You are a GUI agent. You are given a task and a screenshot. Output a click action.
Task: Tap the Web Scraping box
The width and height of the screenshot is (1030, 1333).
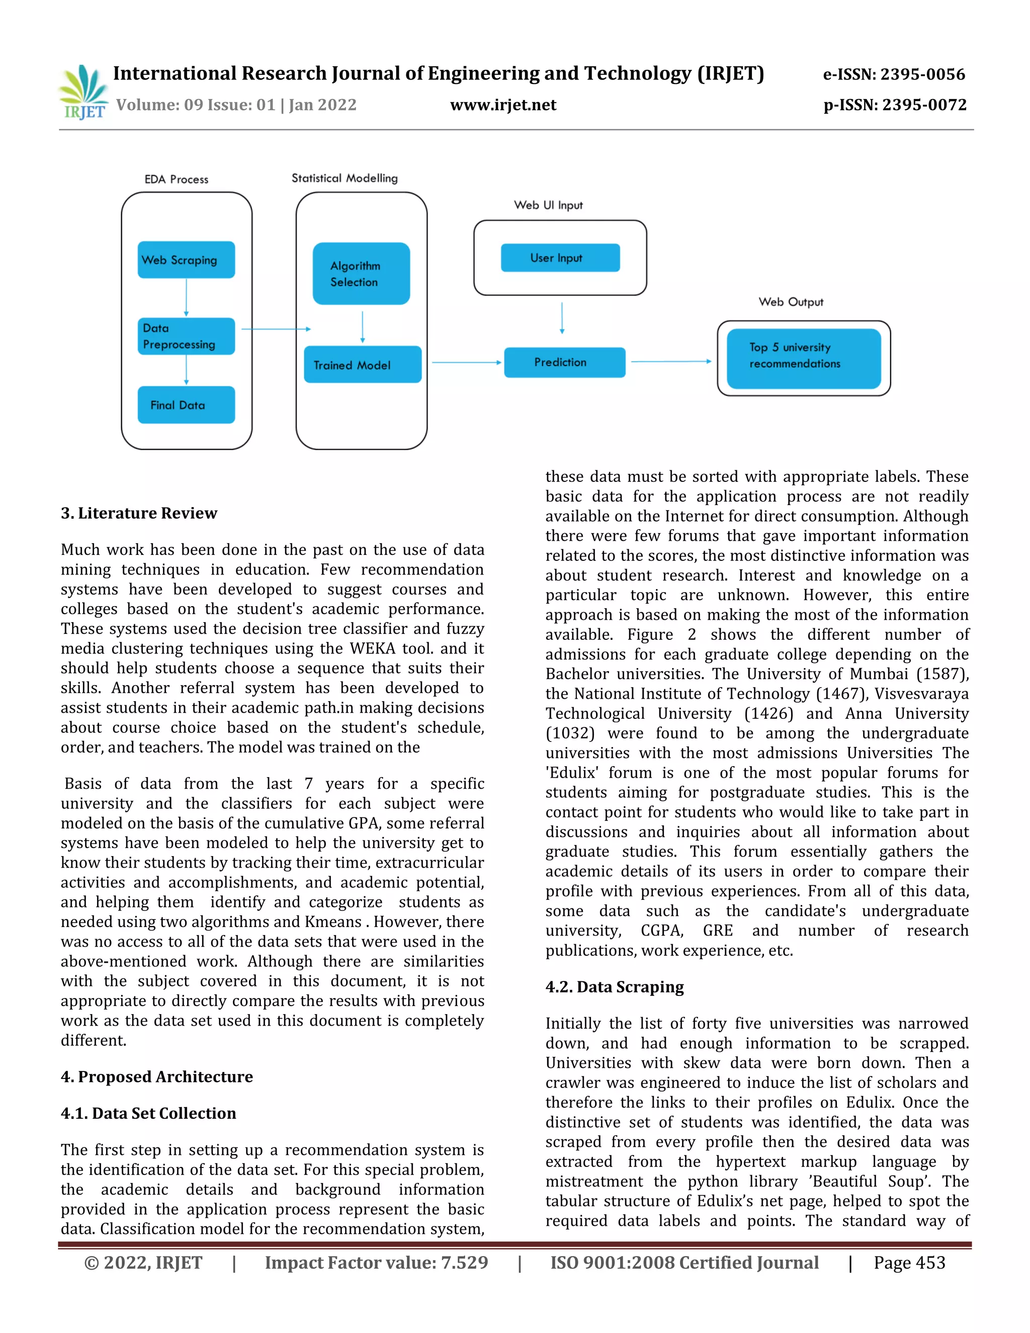tap(186, 260)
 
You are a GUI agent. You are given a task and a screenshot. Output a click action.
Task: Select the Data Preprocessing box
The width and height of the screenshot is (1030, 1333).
tap(186, 337)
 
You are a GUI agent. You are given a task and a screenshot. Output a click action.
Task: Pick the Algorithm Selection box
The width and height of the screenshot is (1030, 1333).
tap(361, 274)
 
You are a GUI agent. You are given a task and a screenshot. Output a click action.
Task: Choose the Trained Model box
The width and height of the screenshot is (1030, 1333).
tap(363, 365)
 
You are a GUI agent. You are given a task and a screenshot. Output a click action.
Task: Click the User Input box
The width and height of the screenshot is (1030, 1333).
tap(560, 258)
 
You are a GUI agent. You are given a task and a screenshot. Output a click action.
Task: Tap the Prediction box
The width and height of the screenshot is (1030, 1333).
tap(564, 363)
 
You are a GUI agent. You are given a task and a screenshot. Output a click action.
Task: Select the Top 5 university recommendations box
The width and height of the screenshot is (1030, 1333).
tap(804, 359)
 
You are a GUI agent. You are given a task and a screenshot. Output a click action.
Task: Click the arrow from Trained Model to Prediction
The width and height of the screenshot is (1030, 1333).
tap(466, 363)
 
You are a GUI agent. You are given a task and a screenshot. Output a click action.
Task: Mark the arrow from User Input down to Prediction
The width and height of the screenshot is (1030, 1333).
tap(562, 317)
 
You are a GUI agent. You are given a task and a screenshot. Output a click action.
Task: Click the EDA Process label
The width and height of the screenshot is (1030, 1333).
tap(177, 180)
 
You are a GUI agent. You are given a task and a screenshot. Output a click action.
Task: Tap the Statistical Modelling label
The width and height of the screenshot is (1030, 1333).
tap(345, 178)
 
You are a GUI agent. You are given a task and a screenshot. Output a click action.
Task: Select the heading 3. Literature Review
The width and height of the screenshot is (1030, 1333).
tap(139, 513)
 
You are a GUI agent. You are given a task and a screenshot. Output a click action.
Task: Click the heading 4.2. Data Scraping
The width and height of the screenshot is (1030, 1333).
tap(615, 987)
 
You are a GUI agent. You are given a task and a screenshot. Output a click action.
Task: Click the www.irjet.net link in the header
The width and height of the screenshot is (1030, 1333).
tap(503, 105)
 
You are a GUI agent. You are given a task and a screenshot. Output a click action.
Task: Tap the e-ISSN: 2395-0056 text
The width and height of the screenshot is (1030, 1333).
tap(894, 74)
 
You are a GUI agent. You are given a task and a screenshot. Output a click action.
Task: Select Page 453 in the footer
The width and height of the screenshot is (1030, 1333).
tap(909, 1262)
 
